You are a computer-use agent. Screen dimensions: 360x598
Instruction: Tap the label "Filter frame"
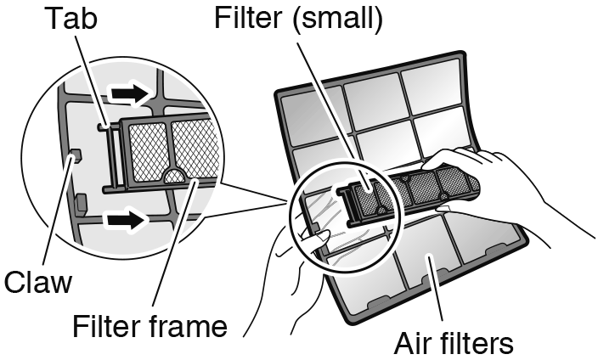[149, 326]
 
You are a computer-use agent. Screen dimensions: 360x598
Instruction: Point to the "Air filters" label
[453, 344]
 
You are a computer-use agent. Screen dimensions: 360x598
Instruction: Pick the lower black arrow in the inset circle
[126, 221]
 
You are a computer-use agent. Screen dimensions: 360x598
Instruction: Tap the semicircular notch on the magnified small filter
[177, 176]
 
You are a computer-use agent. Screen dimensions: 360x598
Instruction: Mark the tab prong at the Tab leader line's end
[103, 128]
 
